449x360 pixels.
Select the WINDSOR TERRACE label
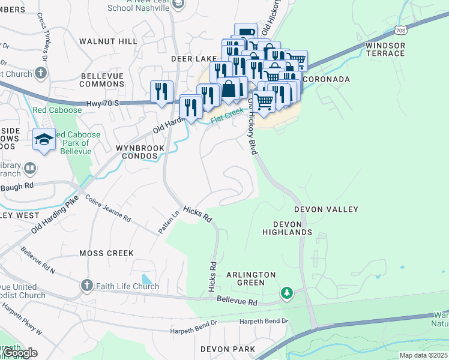385,49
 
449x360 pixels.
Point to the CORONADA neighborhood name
327,79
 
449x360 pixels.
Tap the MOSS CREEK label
106,253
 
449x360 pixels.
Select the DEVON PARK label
228,349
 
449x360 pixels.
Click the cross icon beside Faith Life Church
86,284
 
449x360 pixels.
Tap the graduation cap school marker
44,140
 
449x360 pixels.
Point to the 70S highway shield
402,30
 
